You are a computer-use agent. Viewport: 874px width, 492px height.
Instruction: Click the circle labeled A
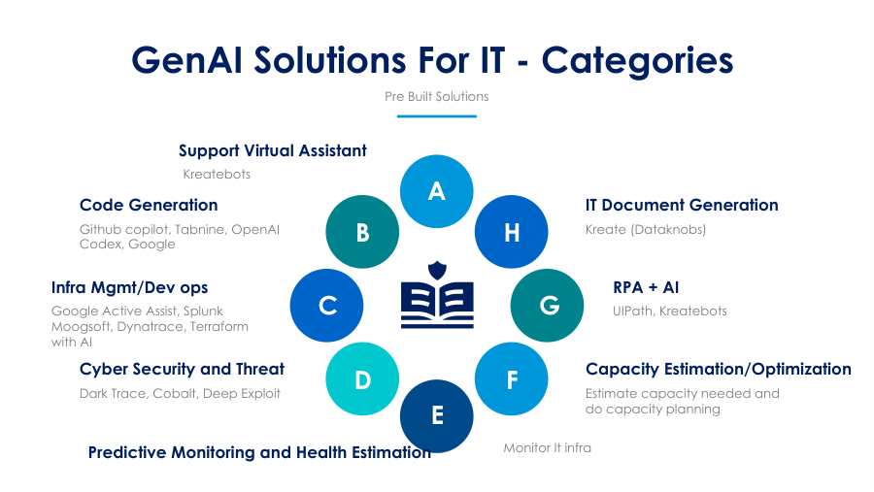tap(436, 191)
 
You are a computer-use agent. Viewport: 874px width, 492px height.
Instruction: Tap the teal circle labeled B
tap(362, 232)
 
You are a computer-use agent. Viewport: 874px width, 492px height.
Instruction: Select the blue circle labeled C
tap(326, 306)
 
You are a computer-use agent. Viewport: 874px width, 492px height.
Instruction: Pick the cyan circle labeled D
tap(362, 378)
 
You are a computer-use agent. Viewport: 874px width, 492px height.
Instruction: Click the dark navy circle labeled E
tap(436, 415)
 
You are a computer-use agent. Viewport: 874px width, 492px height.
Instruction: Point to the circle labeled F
tap(511, 378)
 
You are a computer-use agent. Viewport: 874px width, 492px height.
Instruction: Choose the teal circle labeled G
tap(547, 306)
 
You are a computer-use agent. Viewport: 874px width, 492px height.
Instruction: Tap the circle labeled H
tap(511, 232)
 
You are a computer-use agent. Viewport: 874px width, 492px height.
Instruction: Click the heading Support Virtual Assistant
tap(273, 151)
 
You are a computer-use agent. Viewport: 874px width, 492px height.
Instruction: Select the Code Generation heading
tap(149, 205)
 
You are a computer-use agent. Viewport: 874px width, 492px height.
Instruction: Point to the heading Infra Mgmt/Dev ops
tap(129, 287)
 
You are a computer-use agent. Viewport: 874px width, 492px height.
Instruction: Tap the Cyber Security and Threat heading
tap(182, 369)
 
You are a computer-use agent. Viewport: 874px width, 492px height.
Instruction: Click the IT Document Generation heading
tap(682, 205)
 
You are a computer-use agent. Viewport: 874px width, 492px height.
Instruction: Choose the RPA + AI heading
tap(646, 287)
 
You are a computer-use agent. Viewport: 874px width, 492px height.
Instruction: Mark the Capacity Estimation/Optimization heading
tap(719, 369)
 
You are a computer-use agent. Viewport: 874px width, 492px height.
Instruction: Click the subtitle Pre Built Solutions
tap(436, 96)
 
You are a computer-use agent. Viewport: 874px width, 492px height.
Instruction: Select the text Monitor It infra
tap(548, 448)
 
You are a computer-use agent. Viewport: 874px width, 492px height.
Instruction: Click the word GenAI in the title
tap(186, 59)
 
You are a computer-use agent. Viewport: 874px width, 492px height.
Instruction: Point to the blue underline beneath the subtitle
tap(436, 116)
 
